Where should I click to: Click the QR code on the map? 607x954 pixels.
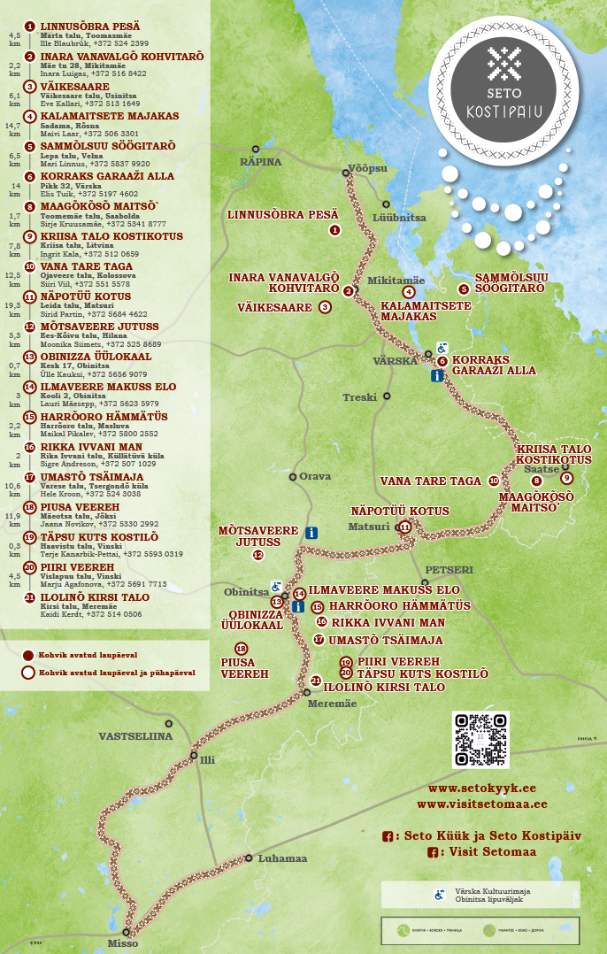[x=480, y=740]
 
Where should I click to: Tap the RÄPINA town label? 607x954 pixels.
[x=260, y=162]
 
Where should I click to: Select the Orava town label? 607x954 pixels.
[x=315, y=476]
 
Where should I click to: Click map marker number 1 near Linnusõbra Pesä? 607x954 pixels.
[x=334, y=230]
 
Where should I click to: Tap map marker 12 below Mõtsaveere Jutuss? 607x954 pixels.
[x=258, y=555]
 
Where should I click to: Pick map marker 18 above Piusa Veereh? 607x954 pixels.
[x=241, y=649]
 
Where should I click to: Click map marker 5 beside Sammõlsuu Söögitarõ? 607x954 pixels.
[x=463, y=289]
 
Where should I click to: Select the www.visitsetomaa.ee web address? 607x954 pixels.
[x=481, y=804]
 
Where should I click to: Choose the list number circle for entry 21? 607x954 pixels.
[x=30, y=597]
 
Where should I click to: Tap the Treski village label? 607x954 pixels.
[x=359, y=397]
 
